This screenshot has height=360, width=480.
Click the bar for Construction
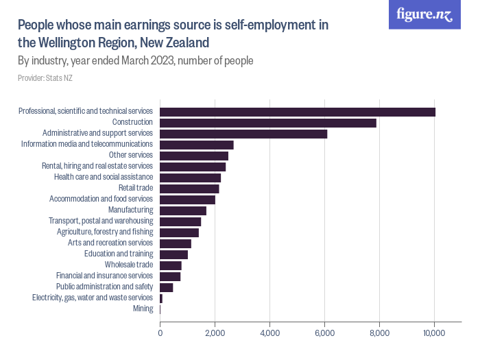click(268, 123)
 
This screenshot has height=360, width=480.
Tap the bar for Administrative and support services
click(243, 134)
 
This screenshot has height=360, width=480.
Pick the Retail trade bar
click(189, 189)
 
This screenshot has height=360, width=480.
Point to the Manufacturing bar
click(183, 211)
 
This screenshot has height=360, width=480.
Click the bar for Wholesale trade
click(171, 265)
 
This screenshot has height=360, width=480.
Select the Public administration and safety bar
click(167, 287)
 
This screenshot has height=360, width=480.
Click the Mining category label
click(143, 309)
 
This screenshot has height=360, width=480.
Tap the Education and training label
click(119, 254)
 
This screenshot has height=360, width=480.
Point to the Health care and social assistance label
click(104, 177)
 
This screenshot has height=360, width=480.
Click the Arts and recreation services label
click(110, 243)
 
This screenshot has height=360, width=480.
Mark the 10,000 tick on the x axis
click(434, 333)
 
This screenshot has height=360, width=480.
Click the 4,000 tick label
click(269, 333)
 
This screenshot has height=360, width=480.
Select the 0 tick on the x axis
click(160, 333)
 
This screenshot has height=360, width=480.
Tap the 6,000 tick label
click(324, 333)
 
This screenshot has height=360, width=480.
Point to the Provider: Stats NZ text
click(45, 78)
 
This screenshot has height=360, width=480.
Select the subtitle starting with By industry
click(136, 60)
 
